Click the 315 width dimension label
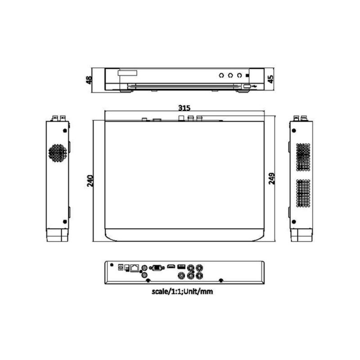point(184,108)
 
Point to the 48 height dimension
point(89,80)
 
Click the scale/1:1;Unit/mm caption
point(182,291)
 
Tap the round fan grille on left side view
point(57,153)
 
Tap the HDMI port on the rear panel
point(171,267)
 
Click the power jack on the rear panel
point(120,267)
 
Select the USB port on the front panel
point(247,85)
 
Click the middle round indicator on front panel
point(230,75)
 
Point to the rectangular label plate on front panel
point(127,72)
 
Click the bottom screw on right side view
point(294,222)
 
